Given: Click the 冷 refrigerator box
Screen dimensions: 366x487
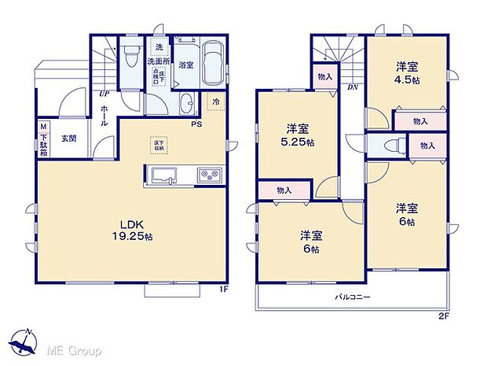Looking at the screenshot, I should pos(214,101).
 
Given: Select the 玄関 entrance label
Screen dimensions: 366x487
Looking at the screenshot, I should pos(69,139).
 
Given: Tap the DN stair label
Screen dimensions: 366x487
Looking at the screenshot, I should pos(353,87).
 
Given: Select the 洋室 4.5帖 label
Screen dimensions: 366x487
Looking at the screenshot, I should pos(405,72).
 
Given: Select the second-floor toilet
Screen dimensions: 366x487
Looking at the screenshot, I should pos(394,146).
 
